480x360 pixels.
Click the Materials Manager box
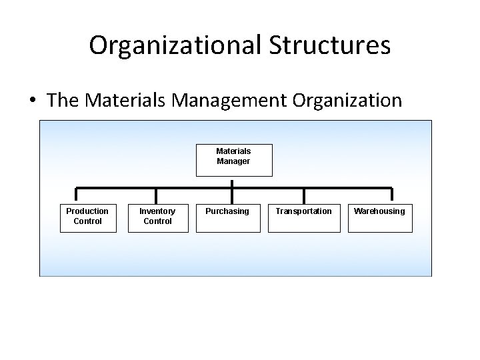coord(233,159)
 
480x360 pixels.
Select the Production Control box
coord(87,218)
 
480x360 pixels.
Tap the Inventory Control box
coord(157,218)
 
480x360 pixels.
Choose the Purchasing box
coord(227,218)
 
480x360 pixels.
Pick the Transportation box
coord(304,218)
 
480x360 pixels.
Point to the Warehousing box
coord(379,218)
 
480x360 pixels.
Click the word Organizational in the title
coord(176,46)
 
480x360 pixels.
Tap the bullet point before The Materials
coord(32,101)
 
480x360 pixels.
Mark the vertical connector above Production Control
coord(76,196)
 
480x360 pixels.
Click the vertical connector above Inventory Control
coord(155,196)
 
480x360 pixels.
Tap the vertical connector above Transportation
coord(304,196)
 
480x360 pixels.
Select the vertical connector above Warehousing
coord(392,196)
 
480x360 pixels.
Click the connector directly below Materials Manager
coord(233,182)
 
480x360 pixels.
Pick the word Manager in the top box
coord(233,161)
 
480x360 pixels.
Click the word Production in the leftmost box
coord(87,211)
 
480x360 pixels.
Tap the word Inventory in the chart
coord(157,211)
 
